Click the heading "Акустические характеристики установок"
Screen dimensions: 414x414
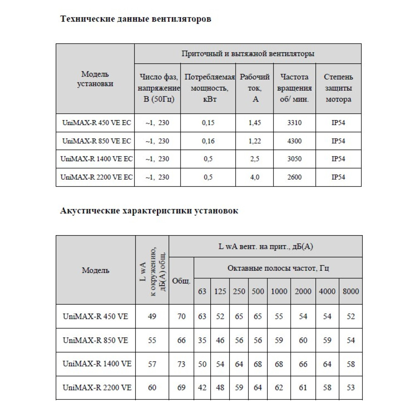(x=149, y=211)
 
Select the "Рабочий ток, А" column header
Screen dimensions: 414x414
(x=255, y=88)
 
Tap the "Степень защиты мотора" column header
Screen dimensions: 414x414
(x=339, y=88)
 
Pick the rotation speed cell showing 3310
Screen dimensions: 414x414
(x=294, y=123)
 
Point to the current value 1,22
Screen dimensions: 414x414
(x=255, y=141)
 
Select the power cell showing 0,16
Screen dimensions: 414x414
(x=208, y=141)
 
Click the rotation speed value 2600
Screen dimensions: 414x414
(x=294, y=177)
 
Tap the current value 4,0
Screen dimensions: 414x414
(x=255, y=177)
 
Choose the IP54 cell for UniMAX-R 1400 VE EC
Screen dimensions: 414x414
(x=339, y=159)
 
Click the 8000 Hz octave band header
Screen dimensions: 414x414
(x=351, y=291)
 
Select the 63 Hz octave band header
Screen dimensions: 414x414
(x=202, y=291)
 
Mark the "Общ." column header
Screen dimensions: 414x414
(x=181, y=281)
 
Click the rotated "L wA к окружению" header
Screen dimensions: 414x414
(x=152, y=270)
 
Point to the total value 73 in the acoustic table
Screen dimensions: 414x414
(x=181, y=364)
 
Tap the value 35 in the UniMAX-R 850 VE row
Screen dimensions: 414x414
(x=202, y=340)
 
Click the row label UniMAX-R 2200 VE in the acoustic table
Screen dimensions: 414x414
(x=97, y=388)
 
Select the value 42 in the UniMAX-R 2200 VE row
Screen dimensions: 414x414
(x=202, y=388)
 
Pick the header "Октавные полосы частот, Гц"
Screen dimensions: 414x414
(x=278, y=268)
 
